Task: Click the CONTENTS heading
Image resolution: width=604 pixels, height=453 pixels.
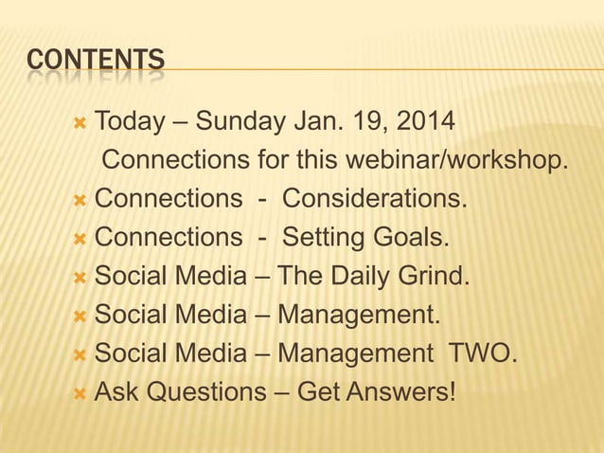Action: pos(96,62)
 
